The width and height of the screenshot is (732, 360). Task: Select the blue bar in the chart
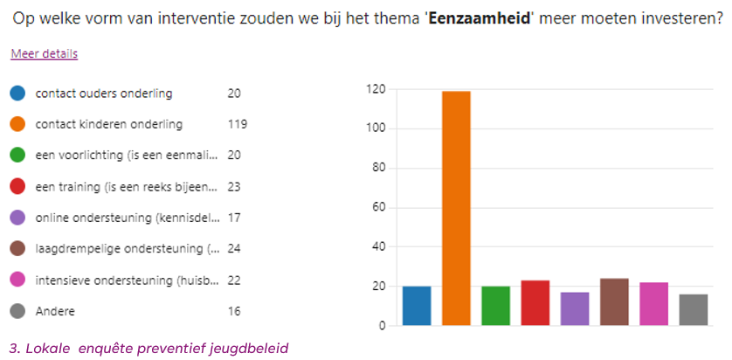417,306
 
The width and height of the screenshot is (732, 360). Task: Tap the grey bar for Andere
693,310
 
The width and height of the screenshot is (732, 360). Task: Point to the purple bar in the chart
574,309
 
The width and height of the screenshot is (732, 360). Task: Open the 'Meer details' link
44,54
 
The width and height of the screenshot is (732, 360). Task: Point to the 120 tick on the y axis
376,89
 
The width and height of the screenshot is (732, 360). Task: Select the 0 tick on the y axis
383,326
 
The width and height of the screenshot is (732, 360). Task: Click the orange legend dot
17,124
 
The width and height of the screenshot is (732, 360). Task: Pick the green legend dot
17,156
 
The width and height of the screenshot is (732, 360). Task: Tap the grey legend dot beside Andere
17,311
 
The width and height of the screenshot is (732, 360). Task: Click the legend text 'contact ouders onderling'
104,93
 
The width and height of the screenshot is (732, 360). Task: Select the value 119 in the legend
237,124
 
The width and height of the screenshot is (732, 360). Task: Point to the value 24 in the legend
234,249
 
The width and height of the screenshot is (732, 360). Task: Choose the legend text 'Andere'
55,311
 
